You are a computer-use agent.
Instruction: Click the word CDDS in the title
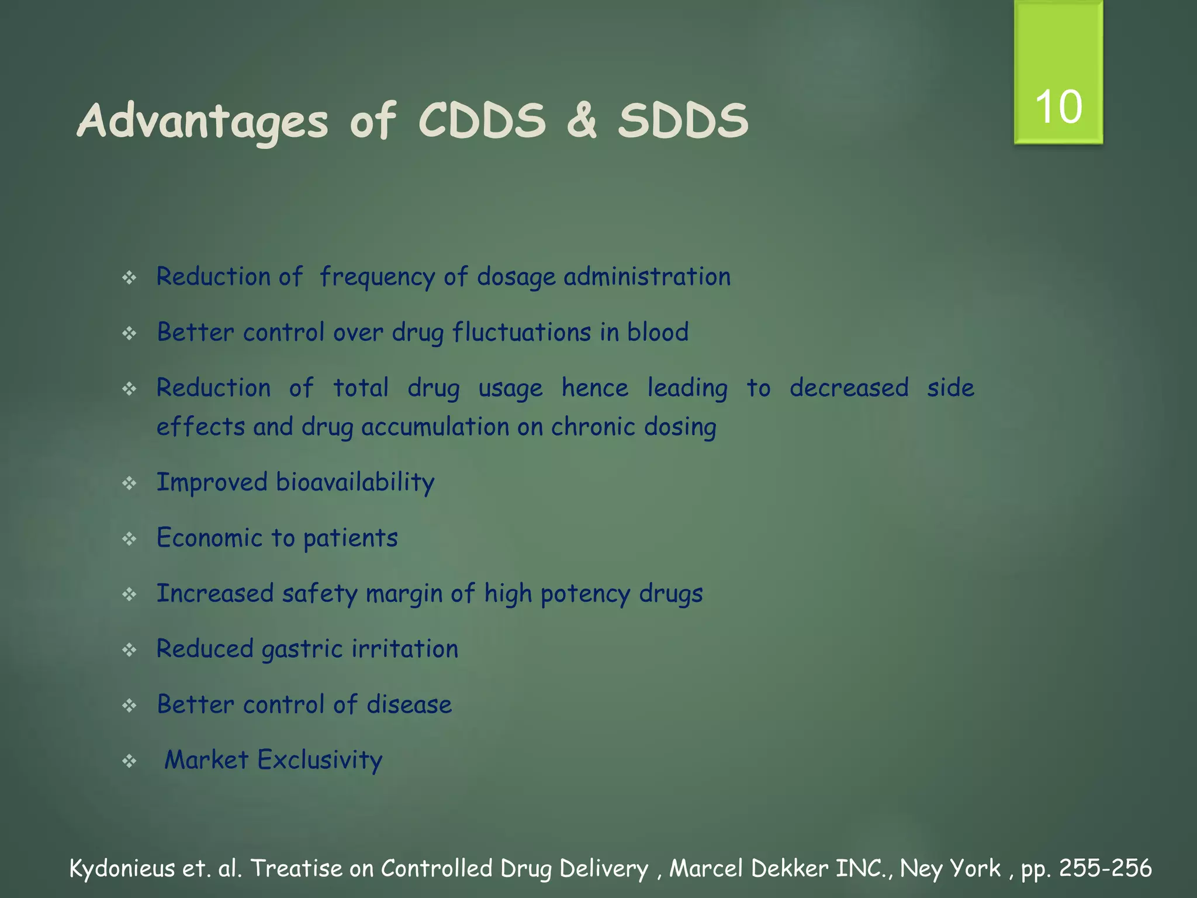pyautogui.click(x=482, y=122)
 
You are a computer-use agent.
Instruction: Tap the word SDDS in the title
pyautogui.click(x=683, y=122)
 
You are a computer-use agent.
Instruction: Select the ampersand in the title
pyautogui.click(x=582, y=122)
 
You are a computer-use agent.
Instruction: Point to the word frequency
pyautogui.click(x=377, y=277)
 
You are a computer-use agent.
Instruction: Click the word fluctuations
pyautogui.click(x=522, y=332)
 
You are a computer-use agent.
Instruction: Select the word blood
pyautogui.click(x=658, y=332)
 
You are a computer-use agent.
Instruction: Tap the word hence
pyautogui.click(x=595, y=388)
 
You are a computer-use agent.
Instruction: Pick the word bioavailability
pyautogui.click(x=355, y=482)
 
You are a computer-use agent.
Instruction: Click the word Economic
pyautogui.click(x=209, y=538)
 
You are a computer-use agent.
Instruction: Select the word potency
pyautogui.click(x=585, y=594)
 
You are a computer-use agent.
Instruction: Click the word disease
pyautogui.click(x=409, y=704)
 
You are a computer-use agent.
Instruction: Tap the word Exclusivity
pyautogui.click(x=320, y=760)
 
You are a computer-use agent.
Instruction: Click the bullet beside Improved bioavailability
pyautogui.click(x=129, y=483)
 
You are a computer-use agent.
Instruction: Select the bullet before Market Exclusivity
pyautogui.click(x=129, y=761)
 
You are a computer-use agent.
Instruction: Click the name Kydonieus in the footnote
pyautogui.click(x=122, y=869)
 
